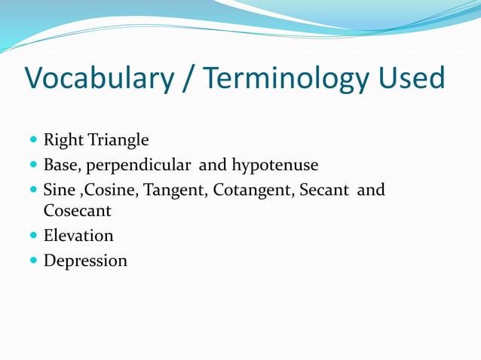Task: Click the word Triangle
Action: [x=121, y=140]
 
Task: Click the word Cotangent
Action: [x=253, y=189]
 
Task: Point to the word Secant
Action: [x=324, y=189]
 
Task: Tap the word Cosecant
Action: [x=77, y=211]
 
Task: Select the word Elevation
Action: [x=78, y=236]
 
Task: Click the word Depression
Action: [x=85, y=261]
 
